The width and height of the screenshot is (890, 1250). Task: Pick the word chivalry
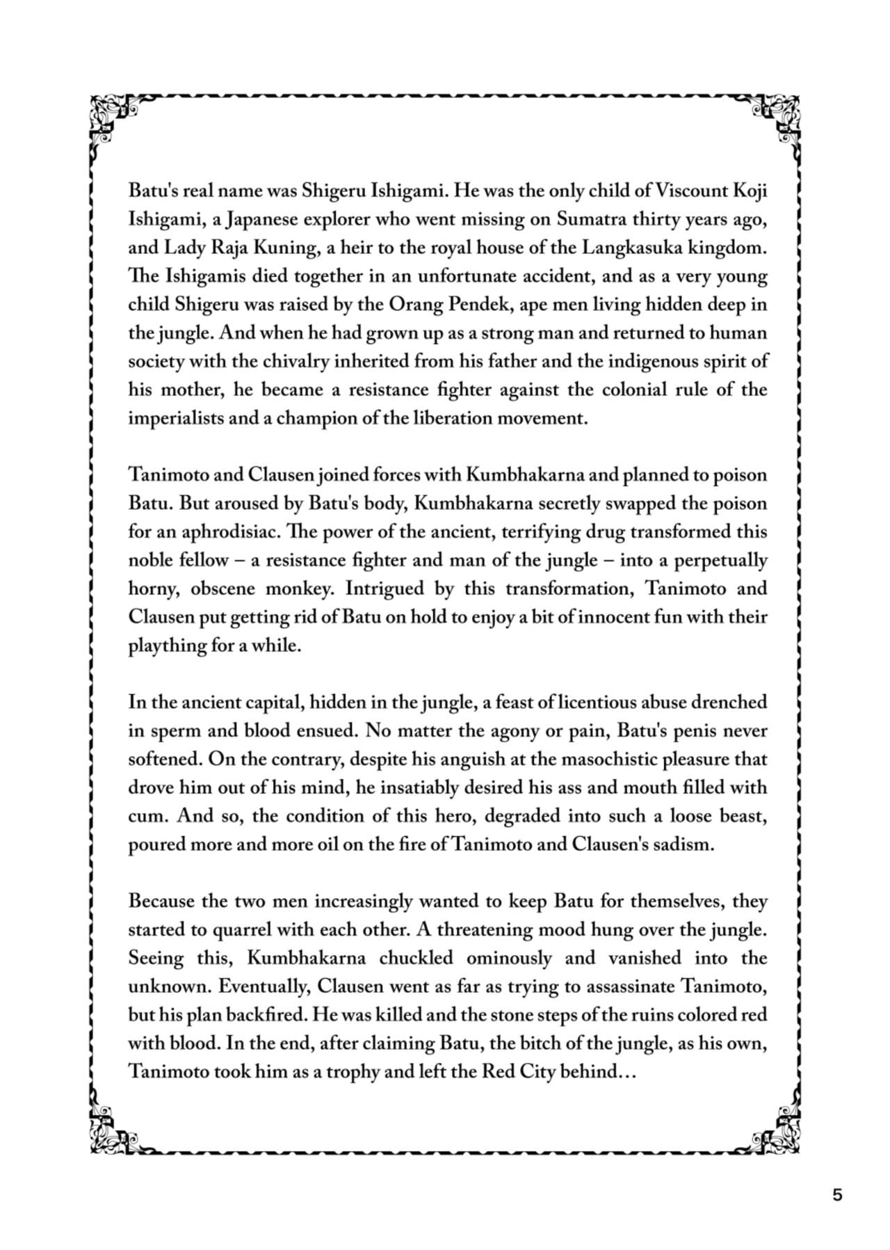(300, 362)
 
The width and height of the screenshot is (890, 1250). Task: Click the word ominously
(510, 958)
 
